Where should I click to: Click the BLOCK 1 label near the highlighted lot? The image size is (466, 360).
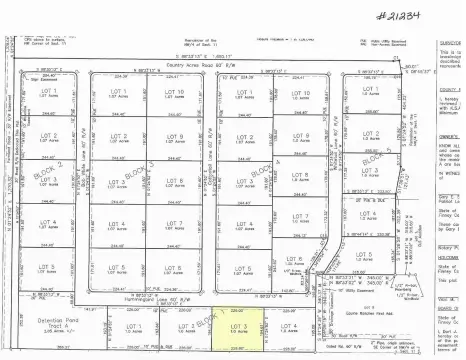click(205, 318)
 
